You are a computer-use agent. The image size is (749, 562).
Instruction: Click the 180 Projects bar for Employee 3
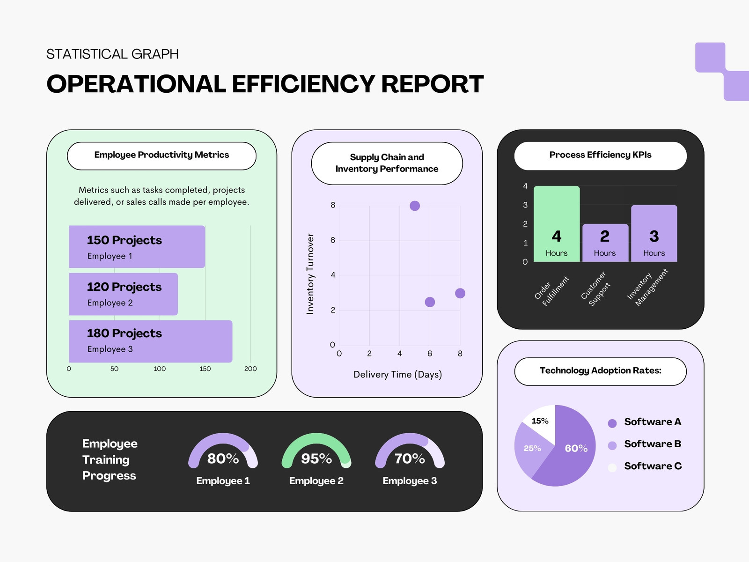tap(150, 341)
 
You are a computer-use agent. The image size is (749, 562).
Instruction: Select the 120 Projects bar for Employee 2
tap(123, 294)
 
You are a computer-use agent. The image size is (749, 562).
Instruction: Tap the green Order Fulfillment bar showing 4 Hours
tap(557, 224)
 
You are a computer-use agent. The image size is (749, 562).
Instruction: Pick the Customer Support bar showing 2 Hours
tap(605, 243)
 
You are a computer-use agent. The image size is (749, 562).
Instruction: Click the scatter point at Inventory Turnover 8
tap(415, 206)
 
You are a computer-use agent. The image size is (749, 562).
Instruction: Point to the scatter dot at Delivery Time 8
tap(460, 293)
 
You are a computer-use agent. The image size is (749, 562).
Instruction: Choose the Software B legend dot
tap(612, 445)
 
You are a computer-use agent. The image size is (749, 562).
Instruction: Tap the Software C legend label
tap(653, 466)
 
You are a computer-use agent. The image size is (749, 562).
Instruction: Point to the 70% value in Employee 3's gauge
tap(410, 458)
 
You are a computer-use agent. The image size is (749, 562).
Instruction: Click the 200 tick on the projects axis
tap(250, 369)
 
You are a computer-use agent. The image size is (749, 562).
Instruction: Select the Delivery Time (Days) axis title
tap(397, 374)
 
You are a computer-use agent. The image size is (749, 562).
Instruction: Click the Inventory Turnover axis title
tap(310, 274)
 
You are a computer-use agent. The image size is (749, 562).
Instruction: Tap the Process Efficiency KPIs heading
tap(600, 155)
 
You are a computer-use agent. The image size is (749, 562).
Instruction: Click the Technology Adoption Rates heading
tap(600, 370)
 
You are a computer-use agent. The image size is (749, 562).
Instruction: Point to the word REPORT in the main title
tap(433, 84)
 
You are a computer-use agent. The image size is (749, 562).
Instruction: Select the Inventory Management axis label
tap(648, 287)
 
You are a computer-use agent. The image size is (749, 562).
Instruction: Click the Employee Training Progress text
tap(110, 459)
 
